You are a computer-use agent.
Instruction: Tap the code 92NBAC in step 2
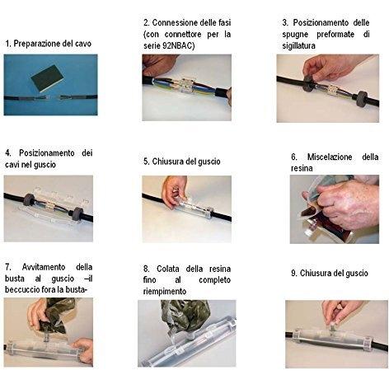tap(176, 45)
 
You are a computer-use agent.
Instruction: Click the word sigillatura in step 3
tap(298, 45)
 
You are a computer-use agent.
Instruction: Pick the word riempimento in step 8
tap(165, 292)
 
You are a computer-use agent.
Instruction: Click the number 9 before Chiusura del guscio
tap(293, 274)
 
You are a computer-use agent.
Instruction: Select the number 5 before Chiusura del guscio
tap(146, 162)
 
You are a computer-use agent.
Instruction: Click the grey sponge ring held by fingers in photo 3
tap(309, 84)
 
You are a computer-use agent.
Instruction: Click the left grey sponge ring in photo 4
tap(29, 199)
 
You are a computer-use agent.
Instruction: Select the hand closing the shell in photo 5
tap(175, 190)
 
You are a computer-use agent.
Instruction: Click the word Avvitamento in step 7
tap(44, 267)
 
